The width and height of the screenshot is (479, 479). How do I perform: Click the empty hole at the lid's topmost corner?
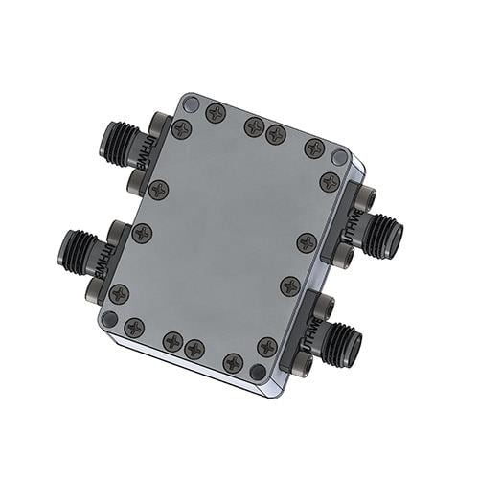(x=192, y=103)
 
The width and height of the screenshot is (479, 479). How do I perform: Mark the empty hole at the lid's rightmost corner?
(x=339, y=156)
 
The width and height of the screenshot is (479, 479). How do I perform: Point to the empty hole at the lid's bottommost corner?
(x=257, y=371)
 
